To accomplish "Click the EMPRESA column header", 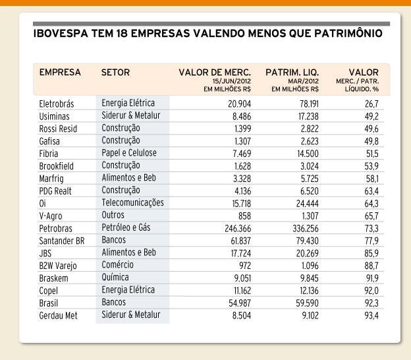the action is pyautogui.click(x=60, y=72).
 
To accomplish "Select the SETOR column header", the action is pyautogui.click(x=115, y=72).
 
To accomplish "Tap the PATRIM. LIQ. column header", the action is pyautogui.click(x=292, y=72).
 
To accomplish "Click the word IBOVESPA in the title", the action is pyautogui.click(x=61, y=34).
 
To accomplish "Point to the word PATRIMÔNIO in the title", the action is pyautogui.click(x=348, y=34).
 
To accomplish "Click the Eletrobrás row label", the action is pyautogui.click(x=57, y=104).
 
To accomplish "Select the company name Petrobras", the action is pyautogui.click(x=55, y=229).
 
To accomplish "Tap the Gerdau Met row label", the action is pyautogui.click(x=58, y=315).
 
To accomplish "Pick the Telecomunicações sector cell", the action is pyautogui.click(x=132, y=203).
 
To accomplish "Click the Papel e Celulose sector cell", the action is pyautogui.click(x=129, y=153).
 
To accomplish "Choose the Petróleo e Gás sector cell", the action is pyautogui.click(x=126, y=227).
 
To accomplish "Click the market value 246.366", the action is pyautogui.click(x=238, y=229).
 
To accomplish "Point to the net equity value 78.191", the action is pyautogui.click(x=310, y=104).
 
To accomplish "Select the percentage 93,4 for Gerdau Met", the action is pyautogui.click(x=371, y=315).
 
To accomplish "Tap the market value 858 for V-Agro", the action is pyautogui.click(x=244, y=216).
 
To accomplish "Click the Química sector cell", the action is pyautogui.click(x=115, y=278).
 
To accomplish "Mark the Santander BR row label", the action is pyautogui.click(x=62, y=241).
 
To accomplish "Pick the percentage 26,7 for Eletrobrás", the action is pyautogui.click(x=371, y=104).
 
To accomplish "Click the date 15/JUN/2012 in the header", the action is pyautogui.click(x=231, y=81).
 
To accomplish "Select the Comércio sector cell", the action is pyautogui.click(x=117, y=264).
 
